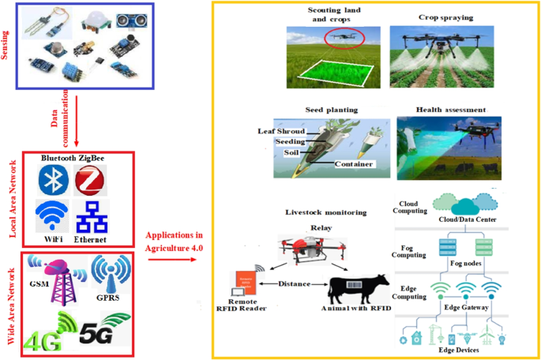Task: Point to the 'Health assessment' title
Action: pyautogui.click(x=452, y=110)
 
